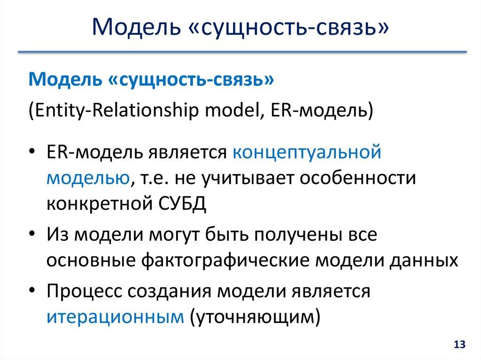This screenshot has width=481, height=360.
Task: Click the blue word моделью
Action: (88, 178)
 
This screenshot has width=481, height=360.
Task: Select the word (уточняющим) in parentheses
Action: (254, 317)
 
